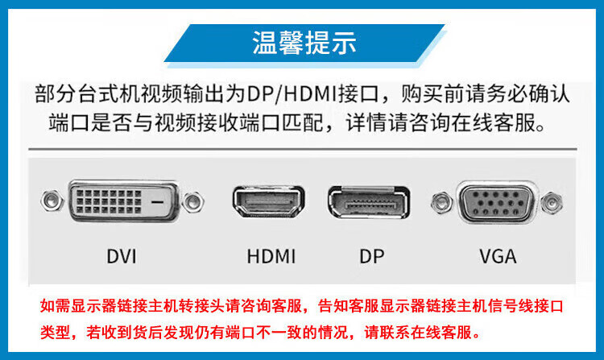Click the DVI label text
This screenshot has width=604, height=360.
[x=122, y=257]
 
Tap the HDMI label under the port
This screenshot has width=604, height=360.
[x=271, y=257]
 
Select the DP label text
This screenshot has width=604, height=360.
[x=371, y=257]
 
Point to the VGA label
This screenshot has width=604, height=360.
[x=498, y=257]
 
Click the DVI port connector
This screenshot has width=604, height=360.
[x=122, y=201]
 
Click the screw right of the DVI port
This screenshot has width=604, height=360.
[x=192, y=201]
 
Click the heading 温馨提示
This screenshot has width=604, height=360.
[x=304, y=43]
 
